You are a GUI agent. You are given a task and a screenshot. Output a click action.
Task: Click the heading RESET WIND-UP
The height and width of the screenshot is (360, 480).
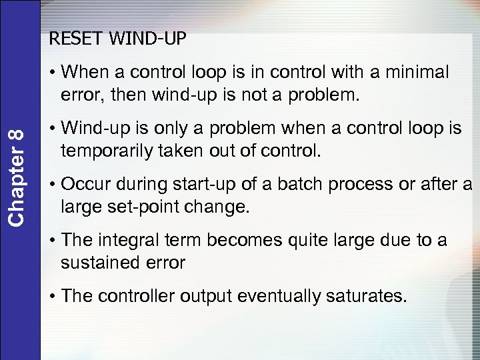pyautogui.click(x=117, y=39)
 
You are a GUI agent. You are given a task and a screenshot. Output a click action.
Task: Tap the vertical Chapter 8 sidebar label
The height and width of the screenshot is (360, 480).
pyautogui.click(x=21, y=176)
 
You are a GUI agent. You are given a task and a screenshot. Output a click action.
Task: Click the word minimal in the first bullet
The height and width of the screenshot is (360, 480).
pyautogui.click(x=413, y=72)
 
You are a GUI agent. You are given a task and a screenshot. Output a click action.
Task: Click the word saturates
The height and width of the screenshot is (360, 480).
pyautogui.click(x=365, y=295)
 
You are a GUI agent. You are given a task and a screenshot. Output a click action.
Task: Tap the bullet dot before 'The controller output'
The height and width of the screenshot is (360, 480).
pyautogui.click(x=53, y=296)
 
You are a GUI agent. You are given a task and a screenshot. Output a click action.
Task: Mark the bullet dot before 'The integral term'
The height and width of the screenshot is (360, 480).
pyautogui.click(x=53, y=240)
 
